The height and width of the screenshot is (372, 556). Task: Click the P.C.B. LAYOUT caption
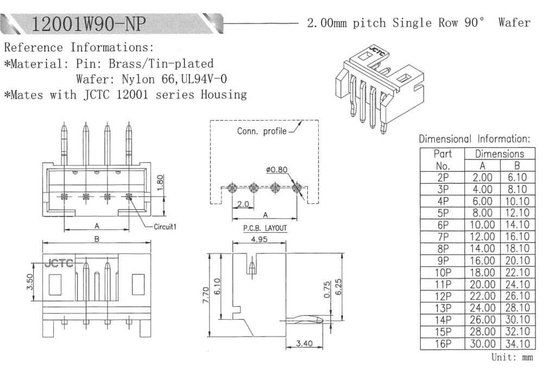coord(264,228)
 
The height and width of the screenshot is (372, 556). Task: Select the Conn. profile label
coord(261,131)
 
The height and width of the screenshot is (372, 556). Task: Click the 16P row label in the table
coord(443,343)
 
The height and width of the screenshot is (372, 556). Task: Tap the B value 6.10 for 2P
coord(517,177)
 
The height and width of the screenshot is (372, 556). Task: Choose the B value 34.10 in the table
coord(517,343)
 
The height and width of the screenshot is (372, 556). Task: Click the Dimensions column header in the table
coord(500,154)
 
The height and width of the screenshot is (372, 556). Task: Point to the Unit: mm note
coord(511,357)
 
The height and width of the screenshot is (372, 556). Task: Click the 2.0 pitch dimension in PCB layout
coord(242,204)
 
